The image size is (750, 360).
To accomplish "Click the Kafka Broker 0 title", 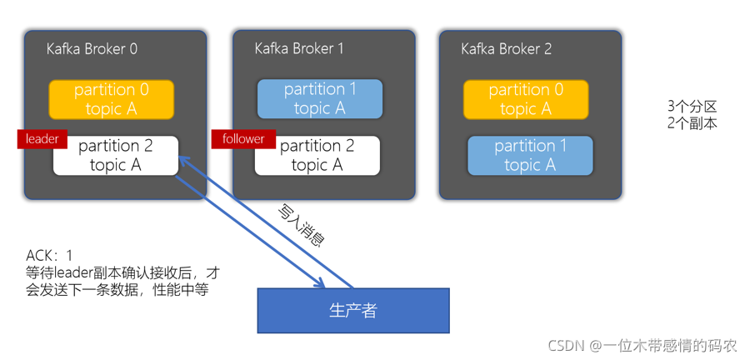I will [92, 49].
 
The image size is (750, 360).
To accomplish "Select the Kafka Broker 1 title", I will [299, 49].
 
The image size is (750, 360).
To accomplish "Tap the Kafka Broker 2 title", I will [506, 49].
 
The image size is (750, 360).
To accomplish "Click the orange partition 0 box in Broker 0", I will [111, 99].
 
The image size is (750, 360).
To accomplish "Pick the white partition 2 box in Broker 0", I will [116, 156].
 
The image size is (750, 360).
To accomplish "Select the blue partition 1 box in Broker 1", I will [320, 99].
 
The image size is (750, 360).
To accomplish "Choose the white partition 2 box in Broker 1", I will [317, 156].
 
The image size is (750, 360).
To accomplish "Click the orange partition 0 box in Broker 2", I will [526, 99].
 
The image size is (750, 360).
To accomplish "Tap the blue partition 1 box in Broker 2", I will [530, 156].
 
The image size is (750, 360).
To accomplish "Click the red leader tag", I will [42, 138].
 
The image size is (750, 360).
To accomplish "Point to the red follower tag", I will [243, 138].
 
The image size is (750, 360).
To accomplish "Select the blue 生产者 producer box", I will [352, 311].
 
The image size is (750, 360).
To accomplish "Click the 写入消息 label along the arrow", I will [301, 226].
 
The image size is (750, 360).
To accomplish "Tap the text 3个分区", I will [692, 107].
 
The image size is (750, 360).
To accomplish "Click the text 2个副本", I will [692, 122].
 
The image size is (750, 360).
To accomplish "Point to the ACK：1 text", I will [49, 255].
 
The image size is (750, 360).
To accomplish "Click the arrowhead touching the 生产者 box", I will [318, 283].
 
